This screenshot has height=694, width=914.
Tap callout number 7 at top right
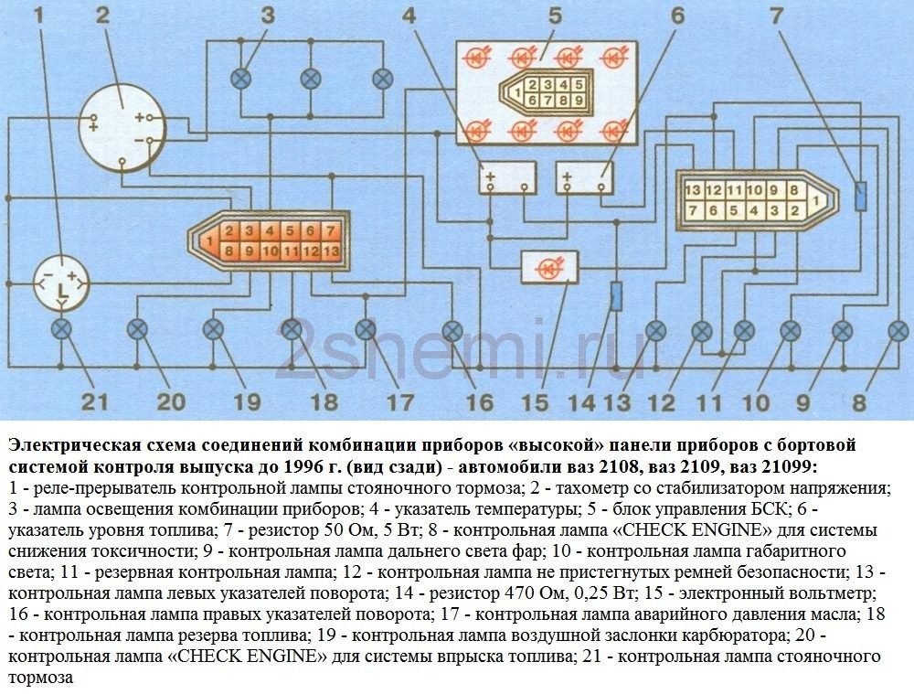click(775, 16)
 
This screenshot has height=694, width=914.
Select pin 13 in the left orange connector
click(331, 250)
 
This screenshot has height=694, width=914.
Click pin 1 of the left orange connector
click(210, 240)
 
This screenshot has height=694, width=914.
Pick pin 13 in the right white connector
click(692, 189)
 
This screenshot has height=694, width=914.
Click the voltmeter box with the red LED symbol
click(548, 267)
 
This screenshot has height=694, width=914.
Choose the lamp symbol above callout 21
click(61, 328)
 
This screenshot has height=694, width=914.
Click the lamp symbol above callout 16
click(452, 330)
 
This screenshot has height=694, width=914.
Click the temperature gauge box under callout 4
click(507, 175)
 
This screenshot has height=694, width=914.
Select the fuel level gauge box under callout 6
click(585, 175)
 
